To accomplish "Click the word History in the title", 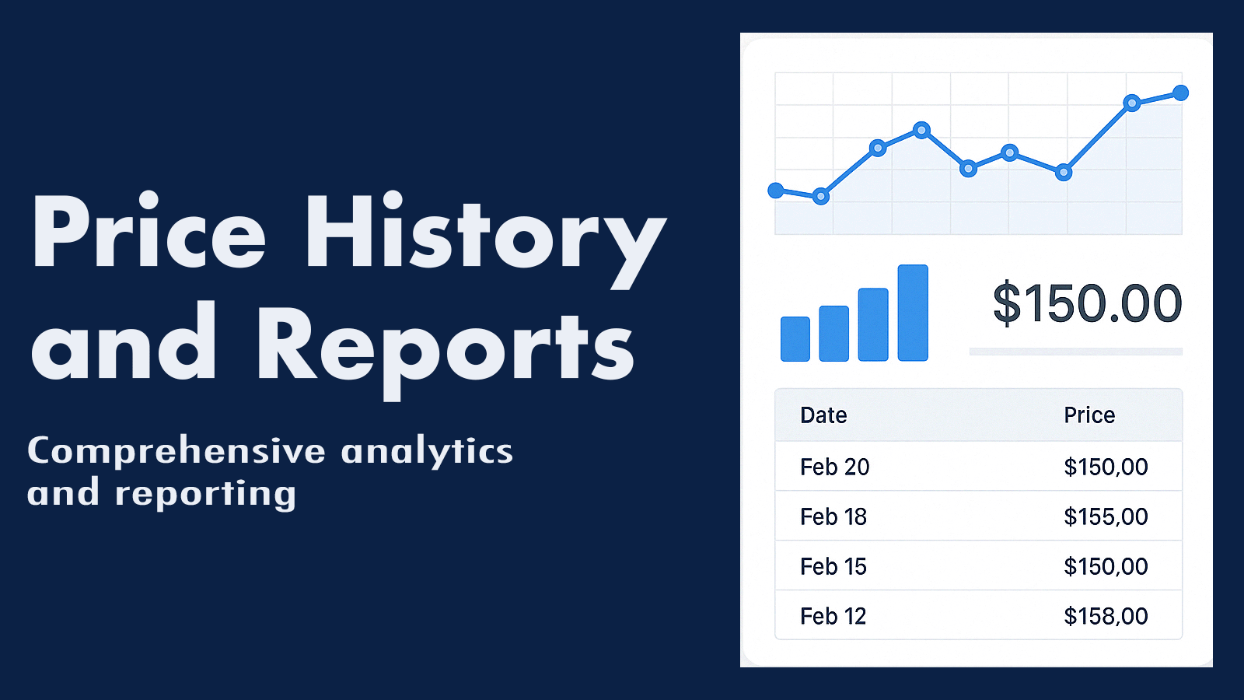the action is (485, 240).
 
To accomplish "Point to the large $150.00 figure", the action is (1087, 304).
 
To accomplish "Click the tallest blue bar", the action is (913, 313).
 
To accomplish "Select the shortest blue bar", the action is (795, 339).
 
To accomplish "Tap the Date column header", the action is (823, 415).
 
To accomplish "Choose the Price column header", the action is (1089, 415).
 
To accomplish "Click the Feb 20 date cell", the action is (835, 467).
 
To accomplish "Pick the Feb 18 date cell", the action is (833, 517).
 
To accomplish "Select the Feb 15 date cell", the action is (833, 567).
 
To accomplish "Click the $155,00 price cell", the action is (1106, 517).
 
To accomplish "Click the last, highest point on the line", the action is (1181, 93).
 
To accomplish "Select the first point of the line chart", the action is (775, 191).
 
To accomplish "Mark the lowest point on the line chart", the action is (821, 197).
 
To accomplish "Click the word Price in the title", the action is (149, 230).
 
